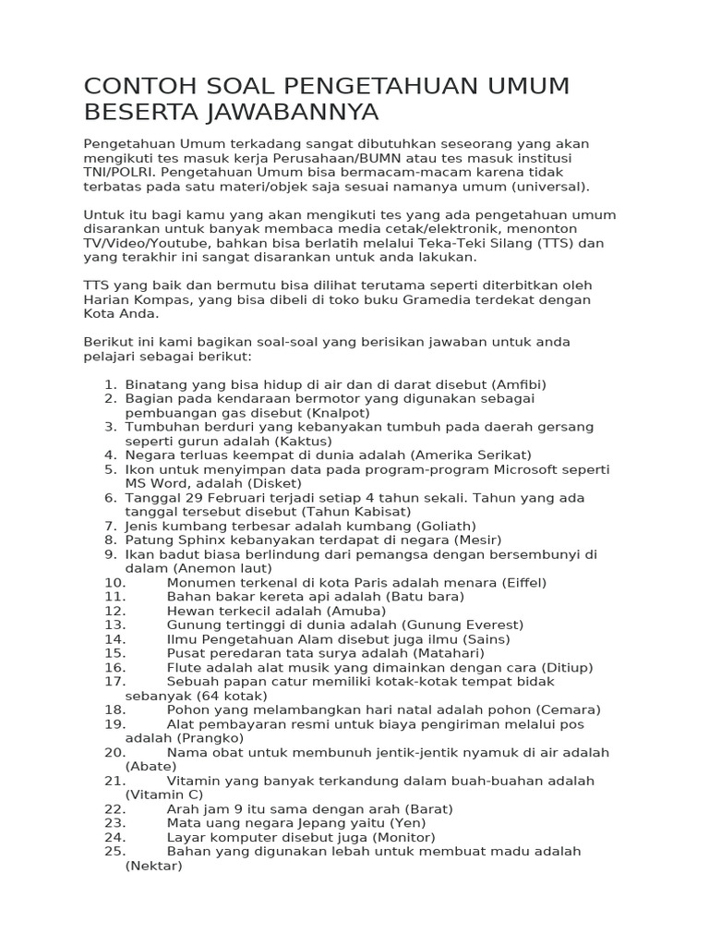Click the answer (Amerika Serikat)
click(x=472, y=455)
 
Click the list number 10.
click(x=114, y=582)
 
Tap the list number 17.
click(x=114, y=681)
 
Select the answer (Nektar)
click(x=154, y=866)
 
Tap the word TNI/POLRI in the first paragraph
click(x=119, y=172)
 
